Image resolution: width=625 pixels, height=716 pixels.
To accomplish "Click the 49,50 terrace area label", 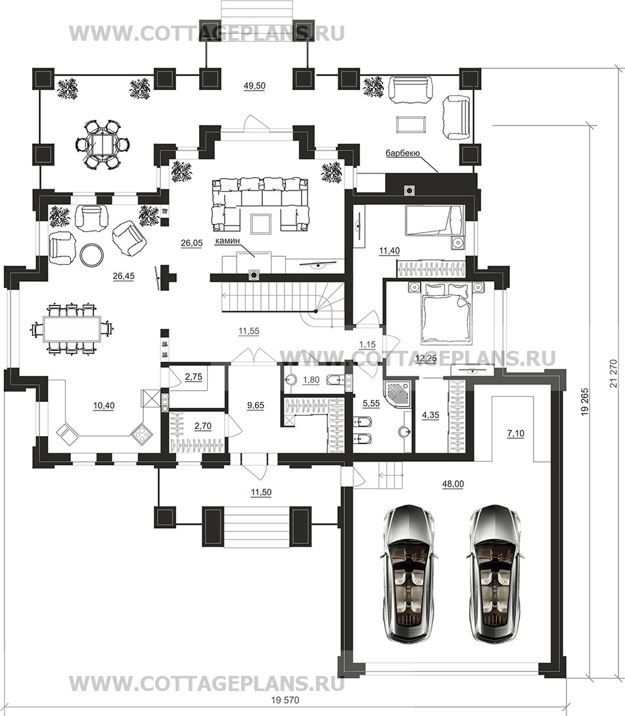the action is [254, 86].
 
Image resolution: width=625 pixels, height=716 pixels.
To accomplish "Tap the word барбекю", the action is [402, 154].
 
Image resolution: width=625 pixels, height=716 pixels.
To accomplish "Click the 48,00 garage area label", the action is [453, 484].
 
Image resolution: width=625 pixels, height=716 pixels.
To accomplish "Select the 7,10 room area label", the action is [515, 434].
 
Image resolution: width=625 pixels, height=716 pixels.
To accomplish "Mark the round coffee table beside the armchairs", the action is [92, 255].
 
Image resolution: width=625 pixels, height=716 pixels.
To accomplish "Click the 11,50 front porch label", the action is [261, 492].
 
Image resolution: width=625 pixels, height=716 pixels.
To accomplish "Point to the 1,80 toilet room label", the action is [311, 380].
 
